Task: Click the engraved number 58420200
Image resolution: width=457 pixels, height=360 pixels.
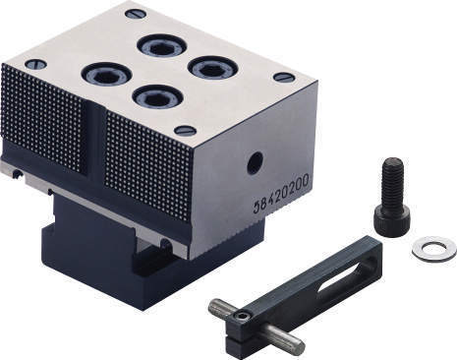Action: click(280, 195)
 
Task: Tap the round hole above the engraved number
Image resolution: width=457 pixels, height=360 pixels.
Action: click(255, 162)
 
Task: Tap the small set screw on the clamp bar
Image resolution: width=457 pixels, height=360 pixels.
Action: click(245, 317)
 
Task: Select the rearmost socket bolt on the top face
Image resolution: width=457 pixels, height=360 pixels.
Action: click(162, 47)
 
